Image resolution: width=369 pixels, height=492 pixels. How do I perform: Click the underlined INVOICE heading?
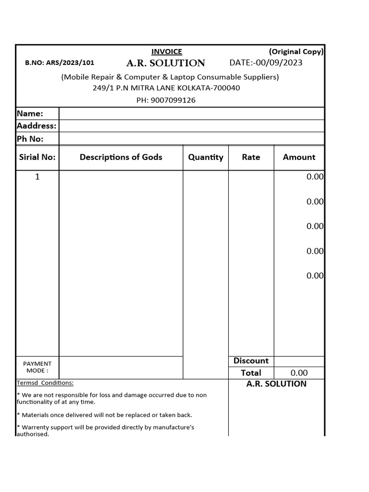point(167,52)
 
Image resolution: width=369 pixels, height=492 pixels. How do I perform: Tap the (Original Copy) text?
point(296,51)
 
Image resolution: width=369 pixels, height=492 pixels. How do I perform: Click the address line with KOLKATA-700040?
point(166,88)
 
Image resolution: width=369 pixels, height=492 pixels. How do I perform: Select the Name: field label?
point(30,114)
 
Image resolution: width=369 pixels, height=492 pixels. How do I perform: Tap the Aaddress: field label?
point(37,126)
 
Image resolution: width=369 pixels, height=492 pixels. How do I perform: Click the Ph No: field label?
point(30,139)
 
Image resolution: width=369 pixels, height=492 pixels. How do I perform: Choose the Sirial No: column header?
point(37,157)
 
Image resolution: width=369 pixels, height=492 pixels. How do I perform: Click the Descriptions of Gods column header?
point(121,157)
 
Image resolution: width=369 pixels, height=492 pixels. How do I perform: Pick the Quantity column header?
point(206,157)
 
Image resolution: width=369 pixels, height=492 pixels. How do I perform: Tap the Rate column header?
point(251,157)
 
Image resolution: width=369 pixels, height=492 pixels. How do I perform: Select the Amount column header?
point(299,157)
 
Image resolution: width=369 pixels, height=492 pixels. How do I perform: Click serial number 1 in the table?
point(37,177)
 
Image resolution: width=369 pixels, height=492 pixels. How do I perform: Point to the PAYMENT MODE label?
point(37,367)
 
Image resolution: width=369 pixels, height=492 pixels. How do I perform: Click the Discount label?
point(251,361)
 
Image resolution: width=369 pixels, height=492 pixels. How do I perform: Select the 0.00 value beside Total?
point(299,373)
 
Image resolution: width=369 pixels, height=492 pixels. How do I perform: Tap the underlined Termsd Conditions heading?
point(45,383)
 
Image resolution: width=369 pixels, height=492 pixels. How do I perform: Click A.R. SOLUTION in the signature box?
point(276,384)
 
